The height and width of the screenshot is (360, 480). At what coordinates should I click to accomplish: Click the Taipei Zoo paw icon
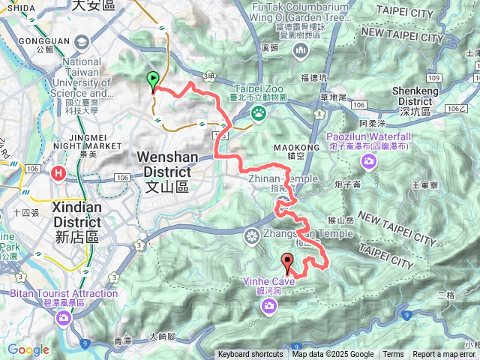[x=259, y=112]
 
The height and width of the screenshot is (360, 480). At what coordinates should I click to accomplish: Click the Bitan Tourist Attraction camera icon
[x=64, y=318]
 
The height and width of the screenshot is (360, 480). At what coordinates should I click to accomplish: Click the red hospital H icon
[x=58, y=174]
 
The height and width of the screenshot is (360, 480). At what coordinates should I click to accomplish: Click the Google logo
[x=28, y=349]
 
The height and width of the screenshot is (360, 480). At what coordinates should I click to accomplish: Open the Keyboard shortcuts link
[x=250, y=355]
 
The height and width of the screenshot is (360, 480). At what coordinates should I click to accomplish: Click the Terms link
[x=393, y=355]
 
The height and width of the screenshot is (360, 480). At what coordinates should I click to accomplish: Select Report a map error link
[x=445, y=355]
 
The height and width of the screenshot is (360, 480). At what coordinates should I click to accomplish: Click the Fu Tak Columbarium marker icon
[x=301, y=51]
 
